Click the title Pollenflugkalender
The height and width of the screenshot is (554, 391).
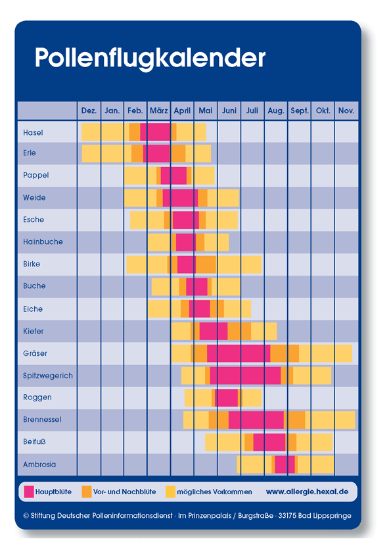pos(150,59)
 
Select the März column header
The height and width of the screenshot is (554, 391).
pos(159,111)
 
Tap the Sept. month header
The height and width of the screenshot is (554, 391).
pos(300,111)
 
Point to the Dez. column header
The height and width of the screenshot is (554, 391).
pos(89,111)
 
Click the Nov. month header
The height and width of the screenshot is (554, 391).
pos(346,111)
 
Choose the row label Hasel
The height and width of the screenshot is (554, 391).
pos(33,132)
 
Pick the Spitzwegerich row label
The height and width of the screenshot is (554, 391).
pos(48,376)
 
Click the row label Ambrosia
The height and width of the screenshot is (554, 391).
pos(39,465)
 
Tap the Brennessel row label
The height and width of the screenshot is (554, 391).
pos(42,419)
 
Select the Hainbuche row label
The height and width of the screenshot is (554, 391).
pos(43,241)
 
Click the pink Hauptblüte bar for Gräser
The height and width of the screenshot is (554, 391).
pos(239,353)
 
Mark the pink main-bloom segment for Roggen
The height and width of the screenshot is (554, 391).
pos(227,398)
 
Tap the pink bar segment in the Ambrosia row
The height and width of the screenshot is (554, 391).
pos(285,465)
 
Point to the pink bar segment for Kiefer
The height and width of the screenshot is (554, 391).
pos(214,331)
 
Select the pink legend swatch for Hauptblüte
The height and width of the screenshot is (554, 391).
pos(29,491)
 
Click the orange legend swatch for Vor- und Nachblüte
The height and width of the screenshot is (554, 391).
pos(87,491)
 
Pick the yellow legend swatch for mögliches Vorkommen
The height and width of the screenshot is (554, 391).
pos(170,491)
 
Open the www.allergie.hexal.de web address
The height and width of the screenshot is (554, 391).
pos(307,491)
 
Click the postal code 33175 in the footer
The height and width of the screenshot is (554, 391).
pos(287,515)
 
